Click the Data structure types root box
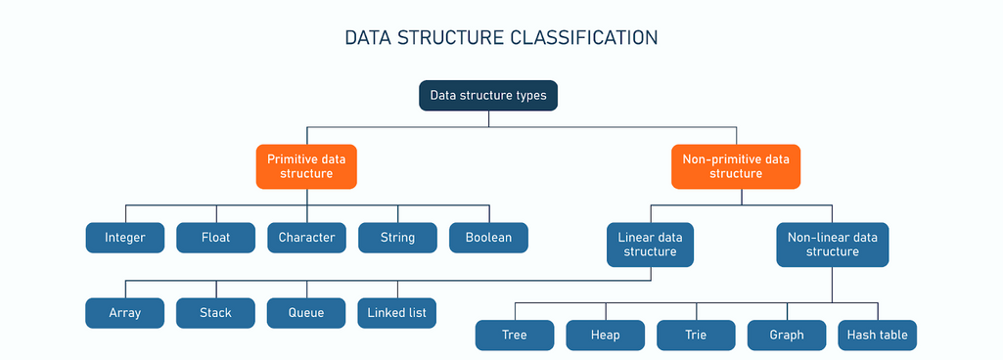488,95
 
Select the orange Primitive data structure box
306,166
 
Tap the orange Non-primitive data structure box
736,166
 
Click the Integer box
124,238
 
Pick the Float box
215,238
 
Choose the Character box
306,238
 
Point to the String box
397,238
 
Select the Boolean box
488,238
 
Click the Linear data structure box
651,245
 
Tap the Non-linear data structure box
832,245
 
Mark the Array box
124,313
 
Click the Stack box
215,313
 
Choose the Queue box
306,313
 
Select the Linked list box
397,313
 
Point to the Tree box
515,336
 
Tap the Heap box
605,336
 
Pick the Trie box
696,336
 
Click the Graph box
787,336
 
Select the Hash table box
878,336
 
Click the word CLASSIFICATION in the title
584,38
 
